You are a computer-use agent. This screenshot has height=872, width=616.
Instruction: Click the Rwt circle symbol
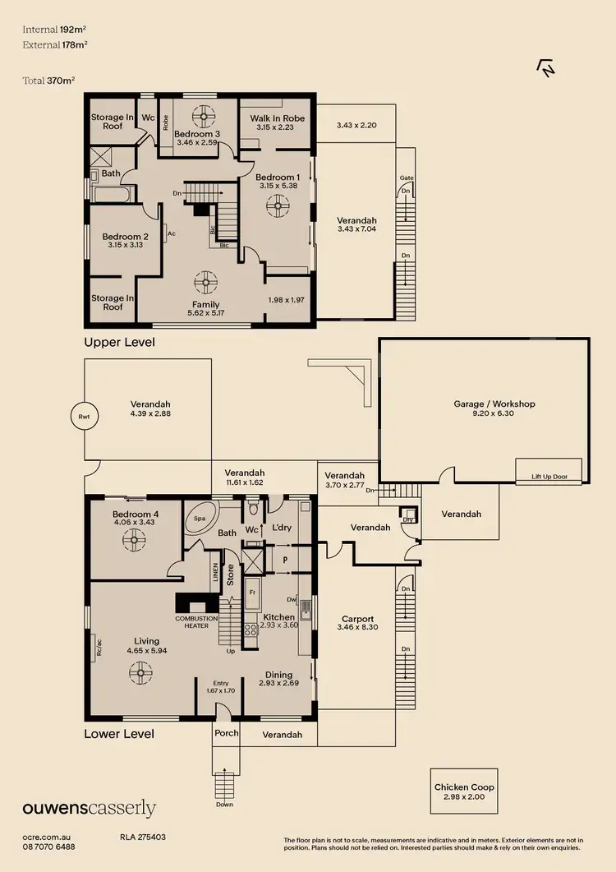[83, 417]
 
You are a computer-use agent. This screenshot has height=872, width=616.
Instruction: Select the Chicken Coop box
[464, 791]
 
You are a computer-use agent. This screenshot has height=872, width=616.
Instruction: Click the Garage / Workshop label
[494, 404]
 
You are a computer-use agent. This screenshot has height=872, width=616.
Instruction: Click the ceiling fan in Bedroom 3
[202, 115]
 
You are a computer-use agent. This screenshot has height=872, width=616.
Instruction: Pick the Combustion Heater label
[196, 621]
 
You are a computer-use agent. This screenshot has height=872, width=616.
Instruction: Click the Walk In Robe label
[277, 118]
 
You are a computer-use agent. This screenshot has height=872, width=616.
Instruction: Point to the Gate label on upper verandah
[405, 178]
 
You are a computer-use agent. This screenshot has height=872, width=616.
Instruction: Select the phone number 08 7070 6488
[48, 847]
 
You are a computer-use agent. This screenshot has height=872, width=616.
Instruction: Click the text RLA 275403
[143, 837]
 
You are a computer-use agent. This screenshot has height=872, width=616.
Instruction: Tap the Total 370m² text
[49, 81]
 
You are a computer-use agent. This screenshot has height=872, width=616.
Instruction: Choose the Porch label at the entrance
[226, 733]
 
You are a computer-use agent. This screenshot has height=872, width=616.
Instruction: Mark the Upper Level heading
[119, 341]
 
